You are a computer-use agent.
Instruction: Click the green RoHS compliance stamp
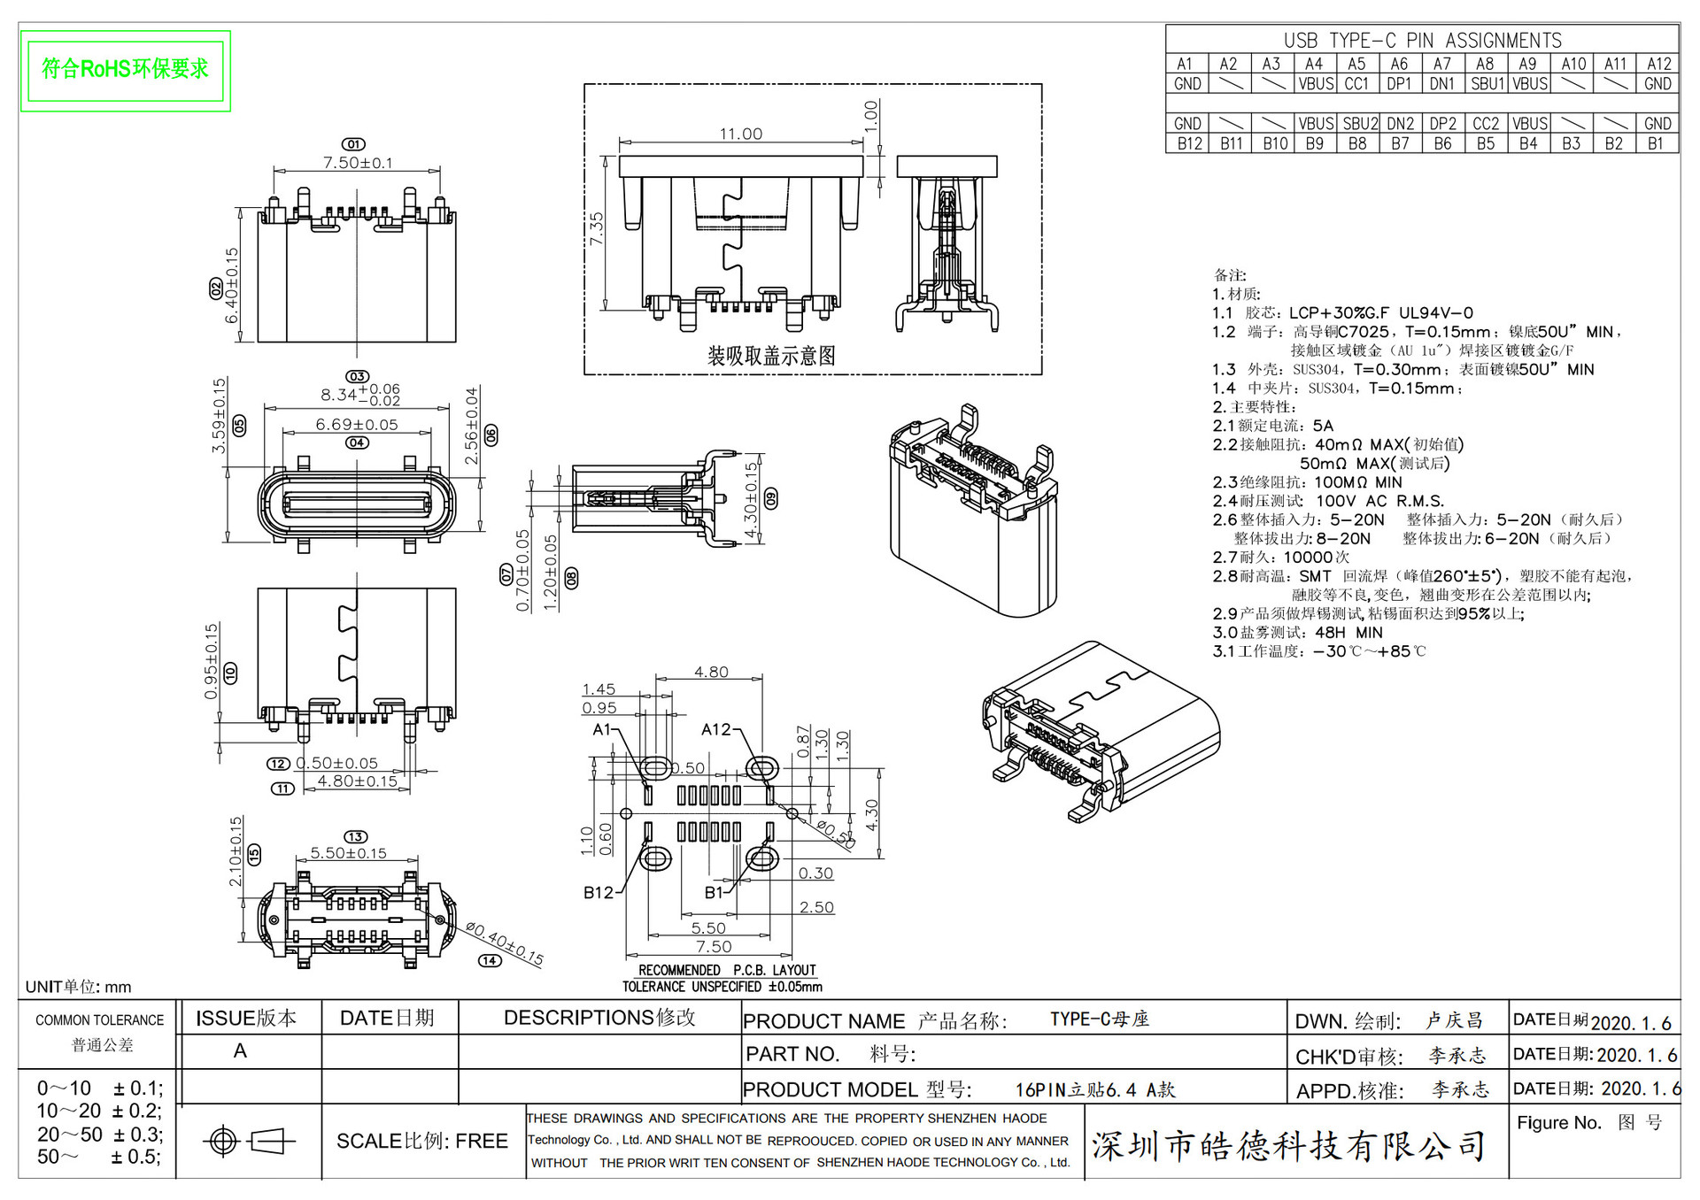click(x=125, y=70)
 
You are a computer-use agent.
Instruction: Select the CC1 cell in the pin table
click(x=1356, y=84)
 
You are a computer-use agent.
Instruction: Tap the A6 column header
click(x=1399, y=64)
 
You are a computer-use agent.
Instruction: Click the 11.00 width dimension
click(x=740, y=134)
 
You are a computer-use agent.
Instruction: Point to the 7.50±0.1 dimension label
click(x=358, y=163)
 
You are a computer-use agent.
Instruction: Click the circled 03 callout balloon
click(x=357, y=376)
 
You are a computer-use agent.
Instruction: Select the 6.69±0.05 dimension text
click(x=357, y=425)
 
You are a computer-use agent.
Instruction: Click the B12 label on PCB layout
click(x=599, y=892)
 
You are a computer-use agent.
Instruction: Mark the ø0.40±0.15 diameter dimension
click(x=505, y=942)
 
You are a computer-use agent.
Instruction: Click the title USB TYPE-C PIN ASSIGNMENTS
click(x=1422, y=41)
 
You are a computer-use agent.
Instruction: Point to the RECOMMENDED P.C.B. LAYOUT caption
click(x=727, y=970)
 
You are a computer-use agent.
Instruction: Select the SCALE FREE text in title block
click(x=421, y=1142)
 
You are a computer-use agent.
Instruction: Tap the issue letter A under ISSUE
click(x=240, y=1051)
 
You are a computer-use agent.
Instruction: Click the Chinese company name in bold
click(x=1288, y=1146)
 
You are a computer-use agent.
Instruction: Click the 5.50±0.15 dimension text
click(x=348, y=853)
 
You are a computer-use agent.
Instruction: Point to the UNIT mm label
click(x=78, y=987)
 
